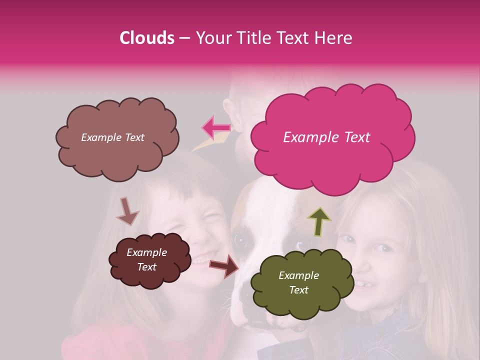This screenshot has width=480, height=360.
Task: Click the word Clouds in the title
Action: point(147,38)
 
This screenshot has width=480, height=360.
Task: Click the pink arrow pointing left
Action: point(216,127)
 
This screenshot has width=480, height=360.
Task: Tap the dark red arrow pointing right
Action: point(224,265)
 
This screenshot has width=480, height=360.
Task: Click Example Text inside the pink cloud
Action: point(326,137)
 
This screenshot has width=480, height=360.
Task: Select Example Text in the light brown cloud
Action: point(112,137)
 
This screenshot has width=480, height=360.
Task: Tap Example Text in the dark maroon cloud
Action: point(146,259)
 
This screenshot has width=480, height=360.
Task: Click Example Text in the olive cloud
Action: point(298,282)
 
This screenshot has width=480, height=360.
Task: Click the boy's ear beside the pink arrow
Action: point(229,110)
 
